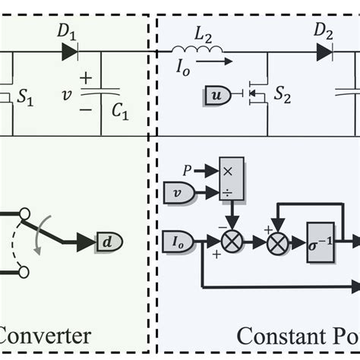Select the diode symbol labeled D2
point(324,52)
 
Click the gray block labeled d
point(109,242)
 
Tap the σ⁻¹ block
point(321,243)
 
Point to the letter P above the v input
point(187,170)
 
